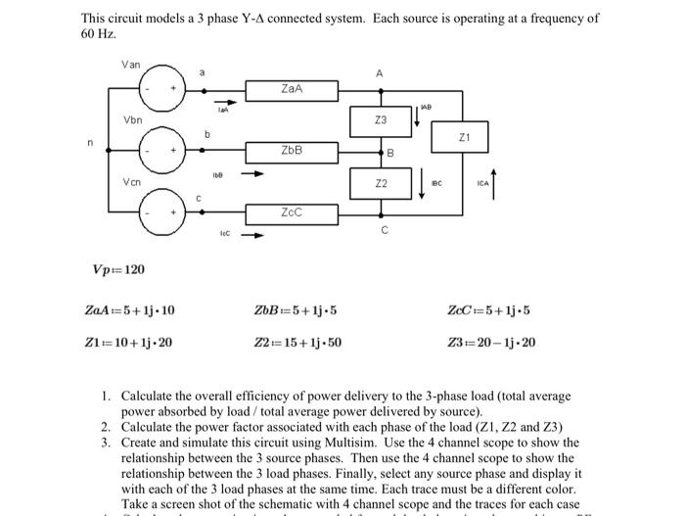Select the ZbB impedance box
(x=291, y=152)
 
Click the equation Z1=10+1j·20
(x=130, y=343)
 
